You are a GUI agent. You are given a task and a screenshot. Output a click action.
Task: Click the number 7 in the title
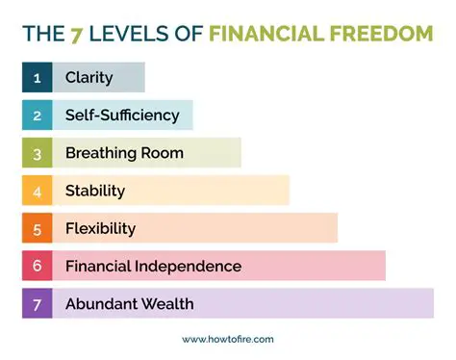click(74, 35)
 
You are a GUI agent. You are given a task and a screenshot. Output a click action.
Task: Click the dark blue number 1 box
click(37, 77)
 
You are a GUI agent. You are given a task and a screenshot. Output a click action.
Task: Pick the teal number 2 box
click(37, 115)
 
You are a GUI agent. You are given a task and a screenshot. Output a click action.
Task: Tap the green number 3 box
click(37, 152)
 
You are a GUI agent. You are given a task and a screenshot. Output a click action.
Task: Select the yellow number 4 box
click(37, 191)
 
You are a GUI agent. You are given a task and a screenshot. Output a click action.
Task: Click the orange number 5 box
click(37, 228)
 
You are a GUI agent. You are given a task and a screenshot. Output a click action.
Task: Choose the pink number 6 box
click(37, 266)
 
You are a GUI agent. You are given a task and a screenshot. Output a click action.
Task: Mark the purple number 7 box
click(37, 303)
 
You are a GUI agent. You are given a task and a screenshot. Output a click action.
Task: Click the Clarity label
click(89, 77)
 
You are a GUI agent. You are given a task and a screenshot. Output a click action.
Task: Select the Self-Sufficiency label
click(122, 115)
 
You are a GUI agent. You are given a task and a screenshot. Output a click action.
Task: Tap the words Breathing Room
click(124, 152)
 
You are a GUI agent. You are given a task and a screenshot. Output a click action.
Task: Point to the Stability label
click(95, 191)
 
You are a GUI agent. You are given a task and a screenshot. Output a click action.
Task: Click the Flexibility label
click(100, 228)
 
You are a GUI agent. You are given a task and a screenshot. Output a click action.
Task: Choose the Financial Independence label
click(153, 266)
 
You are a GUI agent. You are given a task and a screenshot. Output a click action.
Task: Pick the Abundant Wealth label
click(129, 303)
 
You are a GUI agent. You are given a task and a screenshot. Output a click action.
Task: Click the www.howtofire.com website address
click(228, 339)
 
